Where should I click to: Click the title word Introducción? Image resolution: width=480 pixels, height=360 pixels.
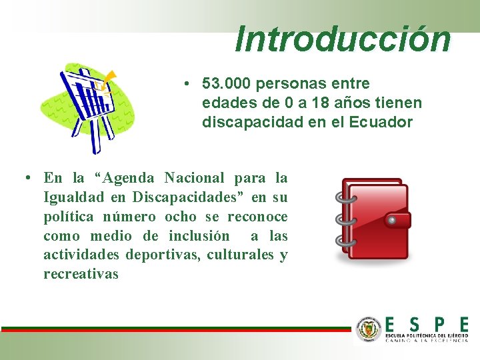[x=343, y=39]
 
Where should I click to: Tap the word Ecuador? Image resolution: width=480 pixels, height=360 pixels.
[x=381, y=123]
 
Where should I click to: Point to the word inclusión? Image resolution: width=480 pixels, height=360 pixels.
[x=199, y=236]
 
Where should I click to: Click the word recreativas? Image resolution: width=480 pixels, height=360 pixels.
[x=81, y=274]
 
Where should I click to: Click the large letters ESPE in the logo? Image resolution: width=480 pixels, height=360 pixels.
[x=426, y=324]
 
